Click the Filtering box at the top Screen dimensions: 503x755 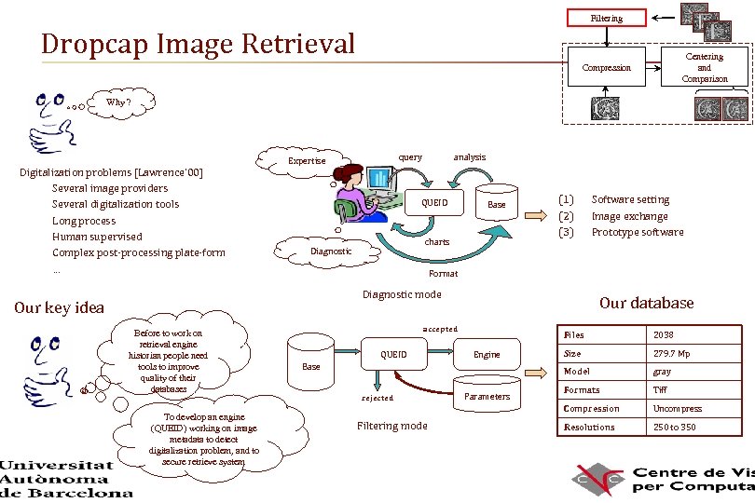606,18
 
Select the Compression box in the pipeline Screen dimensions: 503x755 606,67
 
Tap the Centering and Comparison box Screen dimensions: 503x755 704,68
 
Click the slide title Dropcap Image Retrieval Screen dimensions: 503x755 199,44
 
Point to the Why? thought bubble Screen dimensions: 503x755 118,102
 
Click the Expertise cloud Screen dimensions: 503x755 307,160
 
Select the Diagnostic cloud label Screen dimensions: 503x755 330,251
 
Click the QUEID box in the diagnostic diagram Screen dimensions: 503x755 434,203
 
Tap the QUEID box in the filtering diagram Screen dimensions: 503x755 393,354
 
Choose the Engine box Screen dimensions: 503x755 487,354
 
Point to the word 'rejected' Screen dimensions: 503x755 377,398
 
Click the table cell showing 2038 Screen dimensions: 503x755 664,334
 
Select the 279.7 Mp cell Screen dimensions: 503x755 671,353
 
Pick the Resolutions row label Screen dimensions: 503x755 589,427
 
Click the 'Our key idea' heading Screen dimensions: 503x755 60,307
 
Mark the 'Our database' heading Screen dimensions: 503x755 646,303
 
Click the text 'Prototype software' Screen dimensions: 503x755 638,232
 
